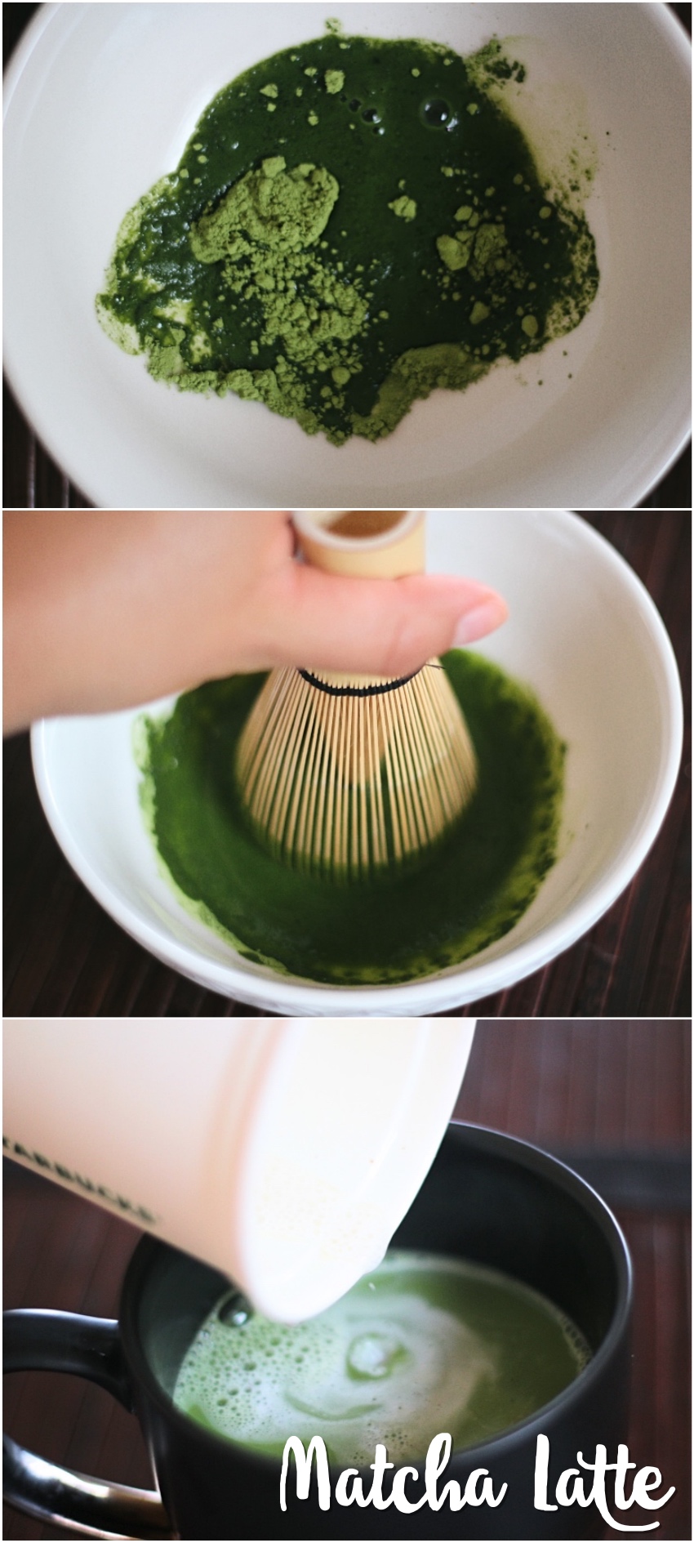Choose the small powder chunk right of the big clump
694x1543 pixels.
tap(401, 206)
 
